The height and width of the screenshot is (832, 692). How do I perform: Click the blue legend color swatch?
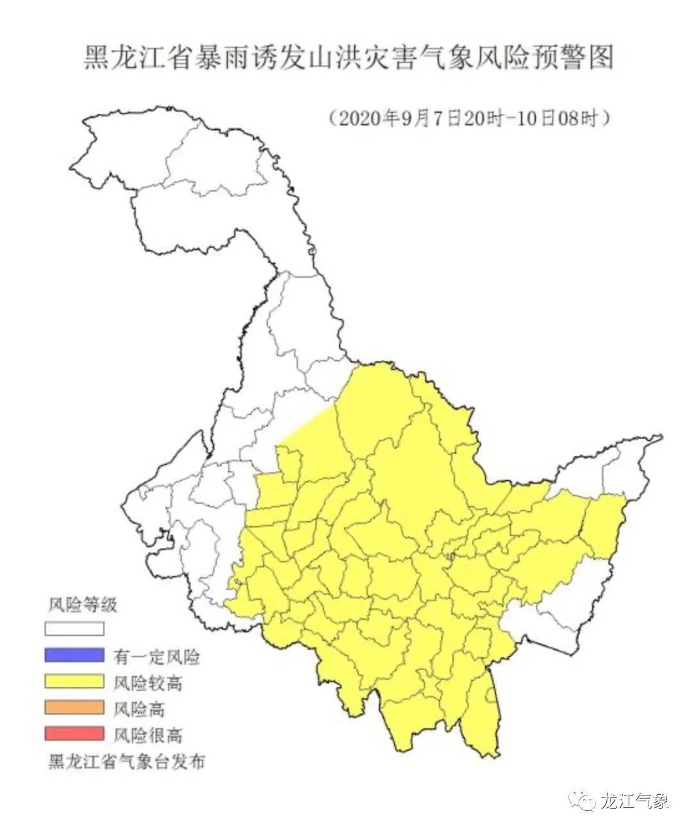click(74, 655)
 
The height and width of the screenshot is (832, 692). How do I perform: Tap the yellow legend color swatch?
click(74, 682)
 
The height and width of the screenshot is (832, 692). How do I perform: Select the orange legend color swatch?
click(74, 707)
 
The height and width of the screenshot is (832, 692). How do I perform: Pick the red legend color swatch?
click(74, 733)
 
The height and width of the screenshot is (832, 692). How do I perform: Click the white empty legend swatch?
click(74, 630)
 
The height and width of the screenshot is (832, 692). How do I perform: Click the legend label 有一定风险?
click(156, 657)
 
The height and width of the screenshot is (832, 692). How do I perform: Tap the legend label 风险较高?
click(148, 683)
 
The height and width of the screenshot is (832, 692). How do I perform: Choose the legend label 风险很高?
click(148, 735)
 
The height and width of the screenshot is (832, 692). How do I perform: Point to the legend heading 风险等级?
click(83, 604)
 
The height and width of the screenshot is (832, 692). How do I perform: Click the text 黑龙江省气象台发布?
click(126, 762)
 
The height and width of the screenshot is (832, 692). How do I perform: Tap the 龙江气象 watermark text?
click(634, 801)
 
